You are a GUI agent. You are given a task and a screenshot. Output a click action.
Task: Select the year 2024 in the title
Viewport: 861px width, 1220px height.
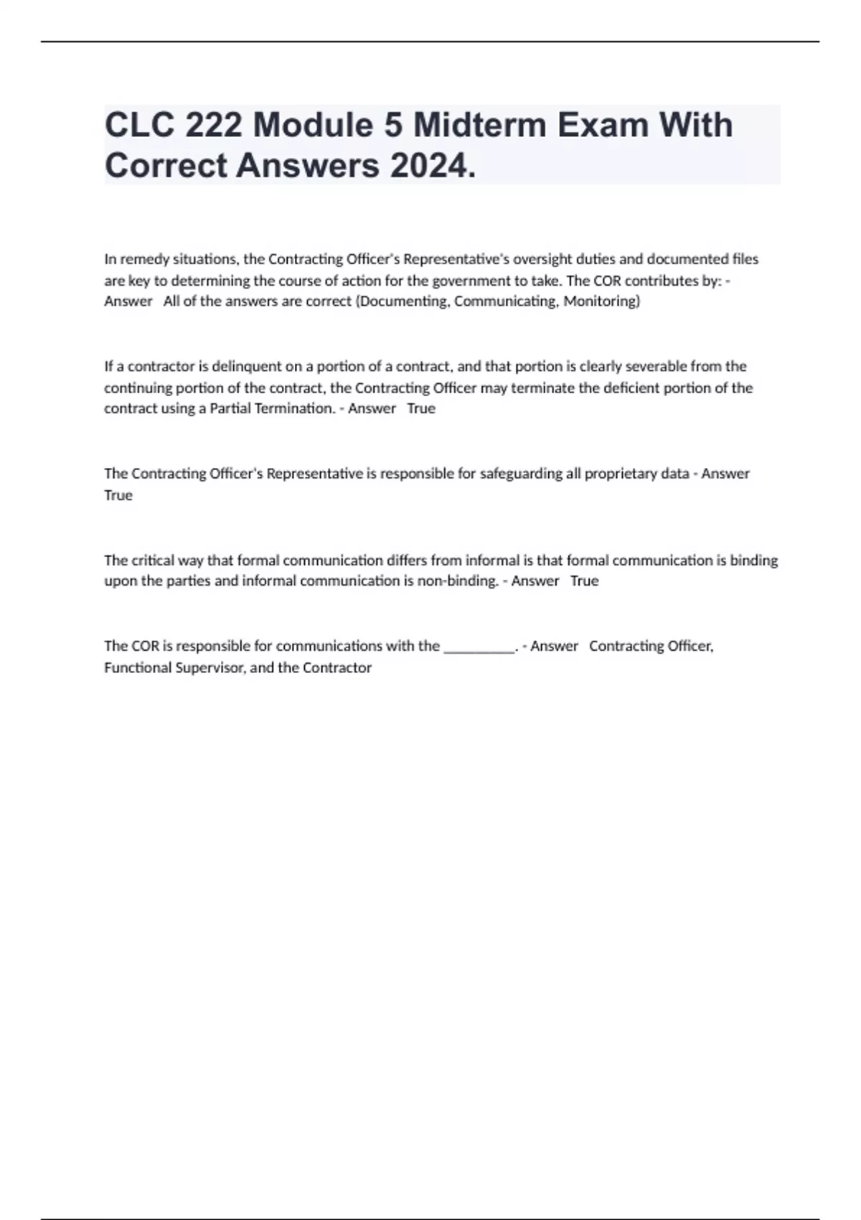click(x=431, y=166)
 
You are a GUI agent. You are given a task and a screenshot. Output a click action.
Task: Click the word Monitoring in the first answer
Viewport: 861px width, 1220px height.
click(x=601, y=301)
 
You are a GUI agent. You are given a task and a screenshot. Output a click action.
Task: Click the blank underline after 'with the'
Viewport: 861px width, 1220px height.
click(x=479, y=647)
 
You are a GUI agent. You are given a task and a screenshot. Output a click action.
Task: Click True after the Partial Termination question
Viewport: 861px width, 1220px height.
click(x=421, y=409)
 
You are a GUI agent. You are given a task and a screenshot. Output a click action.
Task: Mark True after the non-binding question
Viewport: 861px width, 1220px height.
click(x=584, y=581)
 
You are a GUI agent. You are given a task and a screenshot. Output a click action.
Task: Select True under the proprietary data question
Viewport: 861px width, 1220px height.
click(x=118, y=495)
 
